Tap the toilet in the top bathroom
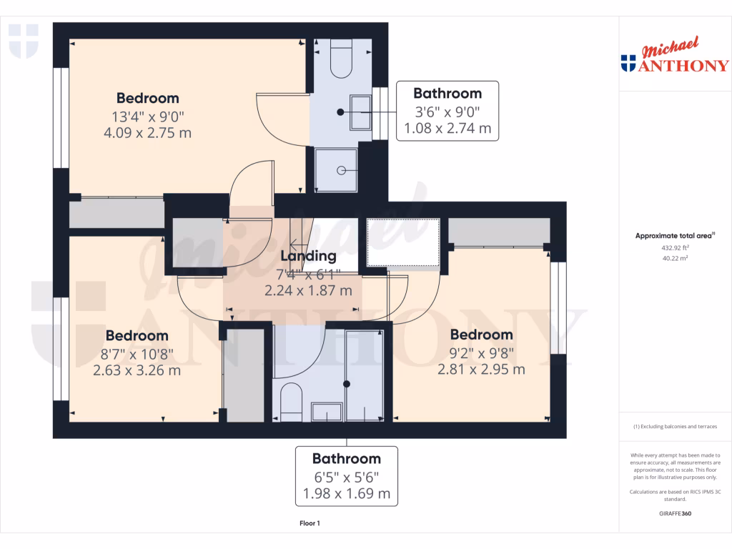[x=342, y=61]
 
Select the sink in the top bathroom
[x=360, y=112]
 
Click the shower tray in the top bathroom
[x=336, y=169]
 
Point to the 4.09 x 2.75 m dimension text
[x=147, y=132]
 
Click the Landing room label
[x=308, y=256]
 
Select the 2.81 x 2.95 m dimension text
[x=481, y=370]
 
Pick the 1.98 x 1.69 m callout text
[x=346, y=493]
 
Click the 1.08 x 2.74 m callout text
[x=447, y=129]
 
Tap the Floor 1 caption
[x=310, y=524]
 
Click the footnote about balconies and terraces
[x=675, y=427]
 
